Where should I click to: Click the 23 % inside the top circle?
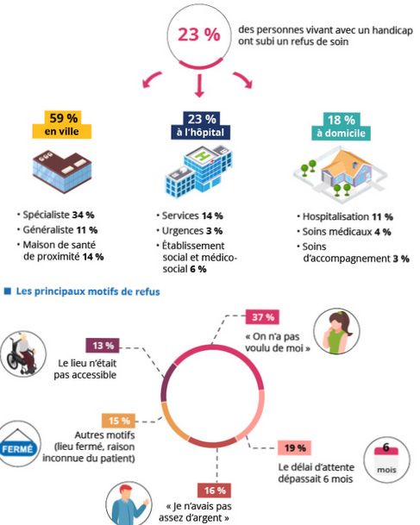coord(198,34)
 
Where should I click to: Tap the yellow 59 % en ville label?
coord(62,124)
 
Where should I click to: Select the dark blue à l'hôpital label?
coord(201,126)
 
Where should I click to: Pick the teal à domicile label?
coord(341,127)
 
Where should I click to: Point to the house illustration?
coord(341,174)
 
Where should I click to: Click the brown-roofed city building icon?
coord(62,171)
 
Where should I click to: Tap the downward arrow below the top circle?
coord(199,85)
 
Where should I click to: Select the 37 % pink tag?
coord(262,316)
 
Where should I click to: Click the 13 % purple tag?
coord(103,346)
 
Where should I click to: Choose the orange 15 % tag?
coord(118,421)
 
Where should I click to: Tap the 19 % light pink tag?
coord(295,447)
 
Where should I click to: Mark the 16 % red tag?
coord(215,491)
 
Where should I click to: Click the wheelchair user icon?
coord(22,354)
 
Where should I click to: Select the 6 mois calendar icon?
coord(386,459)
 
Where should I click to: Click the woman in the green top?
coord(336,332)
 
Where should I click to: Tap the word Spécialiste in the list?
coord(47,215)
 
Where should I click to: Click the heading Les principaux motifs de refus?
coord(88,291)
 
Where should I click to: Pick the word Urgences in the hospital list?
coord(183,231)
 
